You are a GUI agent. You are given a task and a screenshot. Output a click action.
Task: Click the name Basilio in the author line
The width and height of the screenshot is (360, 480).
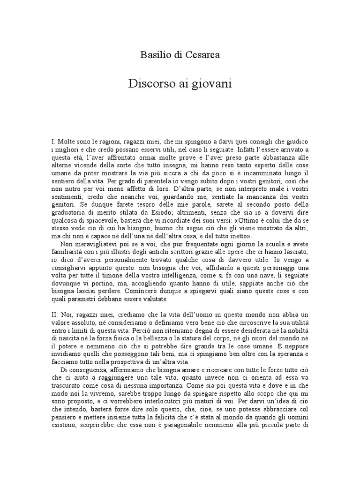pyautogui.click(x=154, y=55)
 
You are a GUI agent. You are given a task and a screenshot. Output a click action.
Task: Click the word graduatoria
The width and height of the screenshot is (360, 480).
pyautogui.click(x=71, y=211)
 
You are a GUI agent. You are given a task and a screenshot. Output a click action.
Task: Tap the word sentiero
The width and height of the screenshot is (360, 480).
pyautogui.click(x=63, y=181)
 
